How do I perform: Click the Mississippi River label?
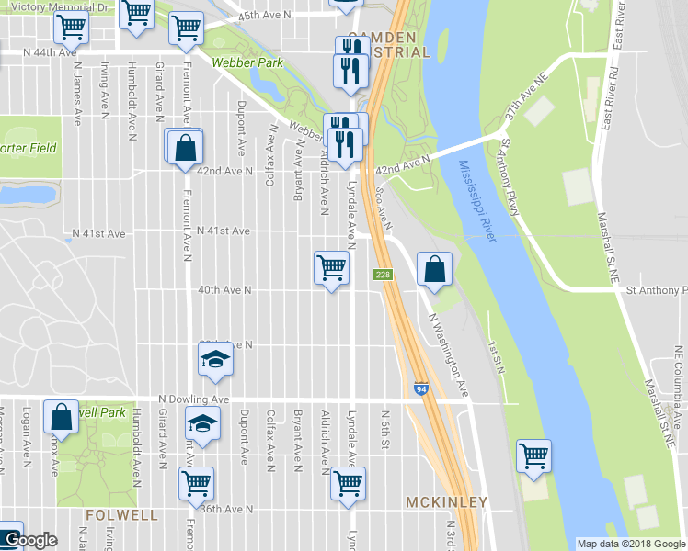pos(477,202)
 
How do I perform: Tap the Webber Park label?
pos(246,63)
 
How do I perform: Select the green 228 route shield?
pos(384,275)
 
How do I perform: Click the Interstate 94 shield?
pos(420,389)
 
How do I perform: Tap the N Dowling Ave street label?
pos(193,399)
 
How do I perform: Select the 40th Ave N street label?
pos(225,290)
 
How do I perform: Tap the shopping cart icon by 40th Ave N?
pos(331,268)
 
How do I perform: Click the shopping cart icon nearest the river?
pos(533,455)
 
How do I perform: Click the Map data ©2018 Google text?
pos(630,544)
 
